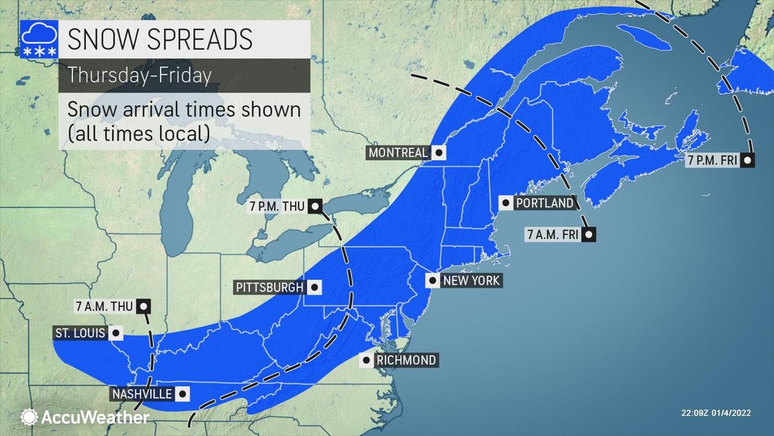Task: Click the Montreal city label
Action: [398, 153]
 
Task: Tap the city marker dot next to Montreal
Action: [439, 153]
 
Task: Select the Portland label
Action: [544, 203]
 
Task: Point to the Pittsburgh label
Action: [271, 287]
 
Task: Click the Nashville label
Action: [141, 393]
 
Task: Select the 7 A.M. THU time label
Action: [103, 306]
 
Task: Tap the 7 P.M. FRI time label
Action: [711, 160]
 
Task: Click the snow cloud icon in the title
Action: [38, 39]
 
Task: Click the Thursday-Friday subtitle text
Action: [140, 75]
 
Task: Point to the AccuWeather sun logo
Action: [29, 417]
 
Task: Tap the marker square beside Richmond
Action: [366, 360]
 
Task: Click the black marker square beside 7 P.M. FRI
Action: [748, 160]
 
